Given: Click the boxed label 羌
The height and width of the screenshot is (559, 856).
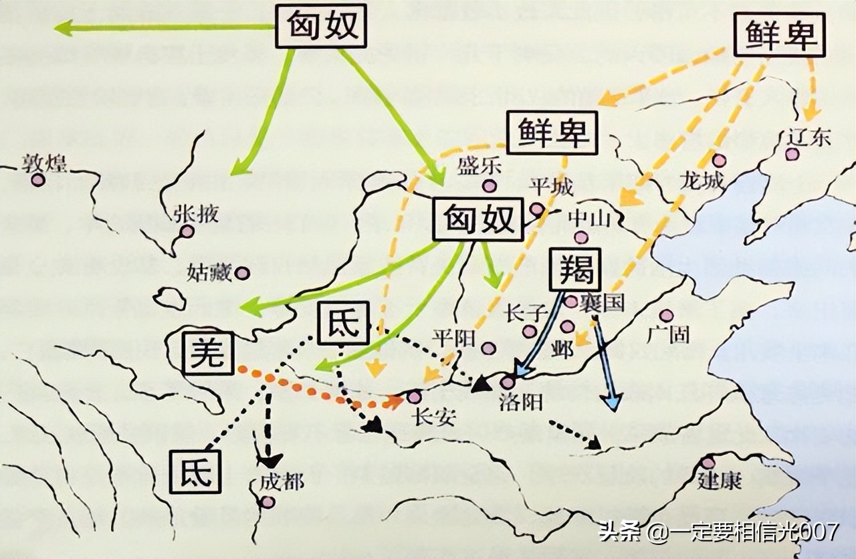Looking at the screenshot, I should coord(207,354).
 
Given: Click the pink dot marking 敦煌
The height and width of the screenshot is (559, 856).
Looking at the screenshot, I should coord(38,180).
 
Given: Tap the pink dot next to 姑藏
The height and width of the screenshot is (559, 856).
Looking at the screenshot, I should coord(242,273).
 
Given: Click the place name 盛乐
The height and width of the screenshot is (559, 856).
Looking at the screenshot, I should coord(479,166).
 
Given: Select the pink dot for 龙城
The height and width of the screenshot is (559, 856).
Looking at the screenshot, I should coord(719,160).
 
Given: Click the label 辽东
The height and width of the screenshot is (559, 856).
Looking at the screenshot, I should coord(809,137).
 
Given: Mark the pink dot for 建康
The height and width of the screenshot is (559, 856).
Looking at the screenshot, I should coord(708,463).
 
